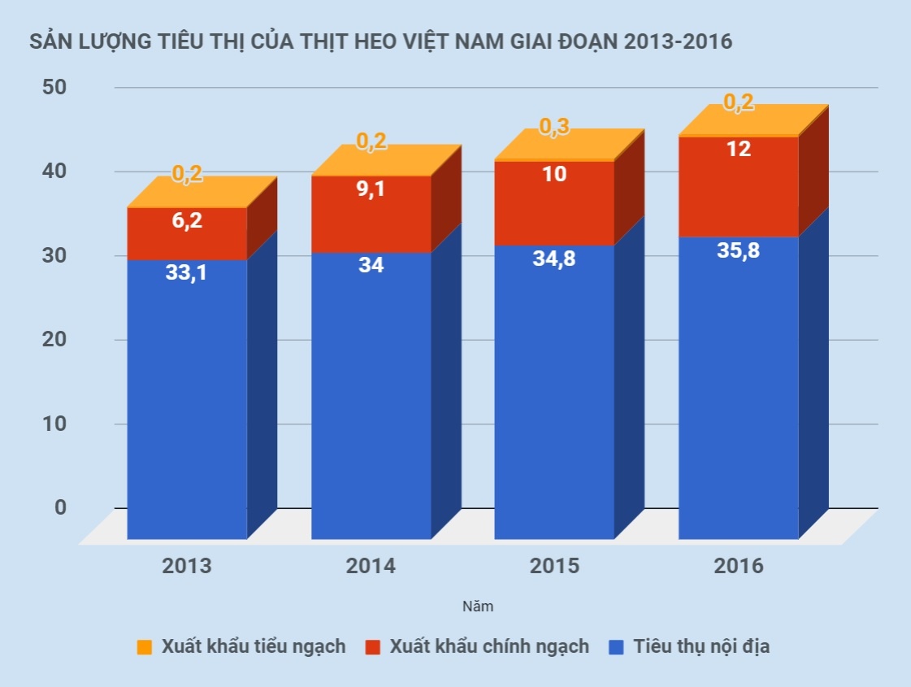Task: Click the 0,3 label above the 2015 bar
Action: click(x=554, y=128)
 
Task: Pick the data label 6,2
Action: click(x=187, y=220)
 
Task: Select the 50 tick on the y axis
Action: click(x=57, y=87)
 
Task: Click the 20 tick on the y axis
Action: click(x=57, y=340)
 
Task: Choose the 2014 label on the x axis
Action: click(x=371, y=566)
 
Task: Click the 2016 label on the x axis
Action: click(x=738, y=566)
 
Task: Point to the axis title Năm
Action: click(x=477, y=607)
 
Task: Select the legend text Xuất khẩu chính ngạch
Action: click(x=488, y=647)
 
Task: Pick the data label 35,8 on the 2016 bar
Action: click(x=738, y=251)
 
